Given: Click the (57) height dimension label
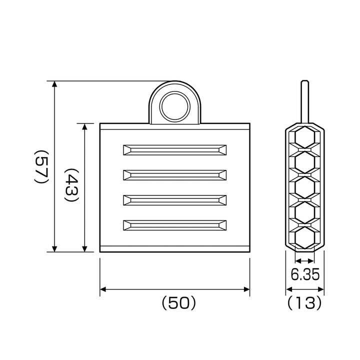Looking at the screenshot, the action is coord(41,166).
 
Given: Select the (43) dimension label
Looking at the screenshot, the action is coord(72,185).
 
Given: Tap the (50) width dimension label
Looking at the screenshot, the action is coord(179,303).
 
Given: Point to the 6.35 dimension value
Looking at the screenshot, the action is coord(305,274).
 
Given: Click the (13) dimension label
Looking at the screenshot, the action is coord(304,302).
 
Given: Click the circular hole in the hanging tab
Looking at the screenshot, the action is coord(175,107).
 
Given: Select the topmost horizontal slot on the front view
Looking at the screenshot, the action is coord(175,150).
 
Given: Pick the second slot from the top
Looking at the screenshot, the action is coord(175,175).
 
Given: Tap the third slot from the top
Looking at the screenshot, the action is coord(175,200).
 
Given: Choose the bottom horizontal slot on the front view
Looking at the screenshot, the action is coord(175,225).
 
